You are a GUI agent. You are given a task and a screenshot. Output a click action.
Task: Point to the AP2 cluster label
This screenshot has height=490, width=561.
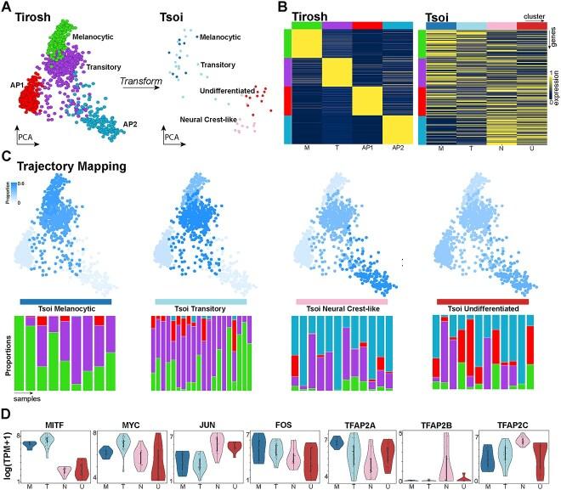(x=130, y=125)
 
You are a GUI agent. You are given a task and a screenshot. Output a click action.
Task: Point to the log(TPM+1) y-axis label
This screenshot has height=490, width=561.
(x=7, y=449)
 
